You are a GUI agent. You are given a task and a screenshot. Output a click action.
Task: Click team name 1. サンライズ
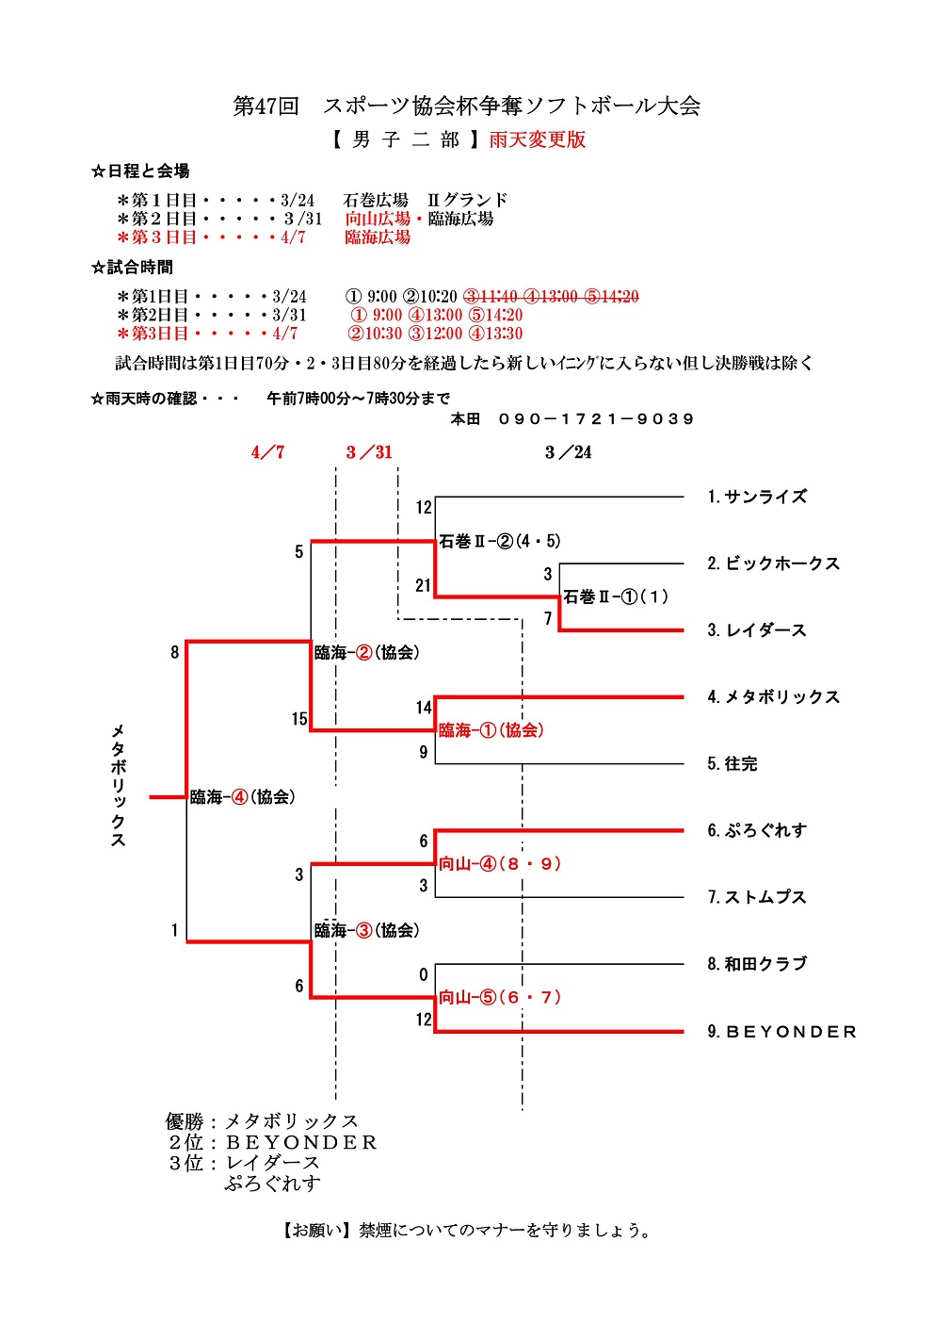757,497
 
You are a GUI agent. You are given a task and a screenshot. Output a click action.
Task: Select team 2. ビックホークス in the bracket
773,563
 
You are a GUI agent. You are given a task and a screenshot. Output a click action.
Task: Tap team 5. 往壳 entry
733,763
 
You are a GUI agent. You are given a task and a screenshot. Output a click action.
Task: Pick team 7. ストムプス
757,897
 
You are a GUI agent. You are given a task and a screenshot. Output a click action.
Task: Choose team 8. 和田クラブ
757,964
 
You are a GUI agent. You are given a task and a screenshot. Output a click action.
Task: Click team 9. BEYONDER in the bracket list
782,1032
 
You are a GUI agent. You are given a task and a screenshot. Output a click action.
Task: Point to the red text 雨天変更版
538,139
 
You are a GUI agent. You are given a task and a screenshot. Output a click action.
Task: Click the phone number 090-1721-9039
596,418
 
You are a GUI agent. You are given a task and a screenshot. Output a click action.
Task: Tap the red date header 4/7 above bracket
267,452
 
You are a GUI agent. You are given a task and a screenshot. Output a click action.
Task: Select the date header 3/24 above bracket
569,452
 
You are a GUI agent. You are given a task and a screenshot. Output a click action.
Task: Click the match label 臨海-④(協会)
243,797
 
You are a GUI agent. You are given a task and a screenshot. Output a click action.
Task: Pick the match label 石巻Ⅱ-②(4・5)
500,541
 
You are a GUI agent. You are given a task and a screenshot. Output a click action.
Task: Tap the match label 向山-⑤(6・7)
500,997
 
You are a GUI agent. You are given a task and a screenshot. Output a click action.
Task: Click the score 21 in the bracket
423,585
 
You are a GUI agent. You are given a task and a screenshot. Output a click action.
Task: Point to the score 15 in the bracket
299,719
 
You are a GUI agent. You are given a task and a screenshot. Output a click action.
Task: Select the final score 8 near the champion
174,652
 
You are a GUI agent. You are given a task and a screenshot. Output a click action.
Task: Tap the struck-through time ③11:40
491,296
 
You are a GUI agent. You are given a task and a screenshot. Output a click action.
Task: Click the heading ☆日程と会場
140,171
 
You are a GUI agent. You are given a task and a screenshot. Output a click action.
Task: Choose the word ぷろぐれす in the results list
273,1184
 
